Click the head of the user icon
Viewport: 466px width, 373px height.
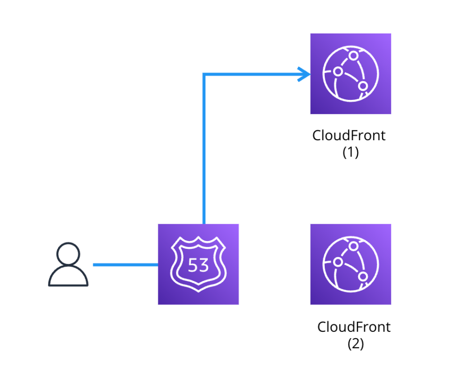tap(68, 254)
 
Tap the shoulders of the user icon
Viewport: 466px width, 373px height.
tap(68, 278)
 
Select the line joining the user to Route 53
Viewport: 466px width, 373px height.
tap(125, 265)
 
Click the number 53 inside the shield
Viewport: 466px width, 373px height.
tap(198, 265)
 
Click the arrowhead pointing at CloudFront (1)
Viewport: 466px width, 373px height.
tap(306, 74)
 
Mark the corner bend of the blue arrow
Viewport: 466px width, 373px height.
tap(204, 75)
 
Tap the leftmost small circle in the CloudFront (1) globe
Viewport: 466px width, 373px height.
tap(338, 72)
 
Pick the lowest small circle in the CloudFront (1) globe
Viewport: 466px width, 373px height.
tap(362, 86)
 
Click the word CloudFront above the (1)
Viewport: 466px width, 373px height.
tap(349, 135)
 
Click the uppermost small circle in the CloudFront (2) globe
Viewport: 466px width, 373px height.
tap(353, 247)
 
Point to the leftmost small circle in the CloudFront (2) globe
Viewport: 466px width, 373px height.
tap(338, 262)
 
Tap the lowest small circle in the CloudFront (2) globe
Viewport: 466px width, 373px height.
tap(362, 276)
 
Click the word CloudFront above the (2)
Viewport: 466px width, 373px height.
tap(354, 327)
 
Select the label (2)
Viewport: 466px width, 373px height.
tap(355, 344)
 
